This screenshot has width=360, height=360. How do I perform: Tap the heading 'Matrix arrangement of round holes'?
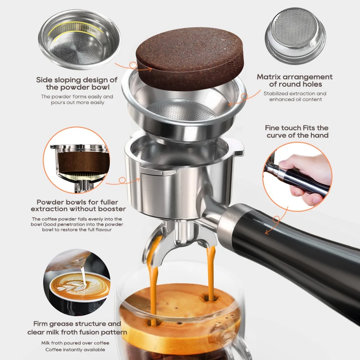(x=295, y=80)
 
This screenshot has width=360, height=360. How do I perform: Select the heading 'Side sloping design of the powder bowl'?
(x=77, y=84)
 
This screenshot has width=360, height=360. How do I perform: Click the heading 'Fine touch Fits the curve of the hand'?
(x=297, y=131)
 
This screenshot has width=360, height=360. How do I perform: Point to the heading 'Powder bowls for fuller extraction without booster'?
(x=78, y=205)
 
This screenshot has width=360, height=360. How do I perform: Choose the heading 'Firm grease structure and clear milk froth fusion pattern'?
(x=77, y=328)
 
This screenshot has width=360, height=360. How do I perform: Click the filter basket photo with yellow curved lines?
(x=79, y=40)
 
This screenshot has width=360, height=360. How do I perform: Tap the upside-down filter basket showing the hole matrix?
(x=295, y=36)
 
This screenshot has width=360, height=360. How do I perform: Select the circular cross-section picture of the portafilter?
(x=77, y=160)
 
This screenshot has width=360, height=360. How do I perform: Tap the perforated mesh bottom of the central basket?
(x=183, y=110)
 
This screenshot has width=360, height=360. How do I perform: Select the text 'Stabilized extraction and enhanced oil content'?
(x=295, y=96)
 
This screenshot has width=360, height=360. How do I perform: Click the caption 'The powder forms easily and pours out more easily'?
(x=77, y=99)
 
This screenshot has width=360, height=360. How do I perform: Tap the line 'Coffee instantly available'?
(x=75, y=350)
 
